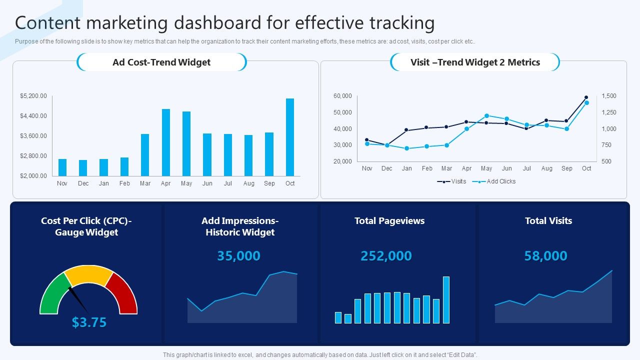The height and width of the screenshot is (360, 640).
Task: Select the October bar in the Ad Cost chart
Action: coord(290,137)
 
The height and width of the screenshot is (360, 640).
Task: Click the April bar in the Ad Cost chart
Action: coord(166,142)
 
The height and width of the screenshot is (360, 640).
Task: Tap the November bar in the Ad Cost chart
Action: coord(62,167)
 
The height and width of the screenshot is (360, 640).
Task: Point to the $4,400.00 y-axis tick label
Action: coord(33,116)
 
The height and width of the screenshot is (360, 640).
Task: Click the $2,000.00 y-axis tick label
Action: coord(33,176)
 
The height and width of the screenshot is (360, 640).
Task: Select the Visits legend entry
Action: coord(452,181)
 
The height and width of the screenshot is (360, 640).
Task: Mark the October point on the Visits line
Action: coord(586,98)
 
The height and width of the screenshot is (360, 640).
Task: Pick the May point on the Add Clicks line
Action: coord(486,115)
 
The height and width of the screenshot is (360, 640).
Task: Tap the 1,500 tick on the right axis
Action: coord(609,96)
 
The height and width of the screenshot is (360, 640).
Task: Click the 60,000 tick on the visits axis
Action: coord(343,96)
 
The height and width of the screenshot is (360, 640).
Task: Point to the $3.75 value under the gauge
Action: coord(89,322)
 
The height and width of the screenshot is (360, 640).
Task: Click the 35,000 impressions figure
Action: coord(238,256)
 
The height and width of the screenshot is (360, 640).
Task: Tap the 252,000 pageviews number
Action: coord(386,256)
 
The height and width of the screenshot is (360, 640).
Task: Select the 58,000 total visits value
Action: coord(545,256)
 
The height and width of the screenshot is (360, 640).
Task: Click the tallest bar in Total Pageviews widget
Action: coord(446,300)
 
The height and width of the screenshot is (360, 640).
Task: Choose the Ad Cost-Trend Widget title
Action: coord(161,62)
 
